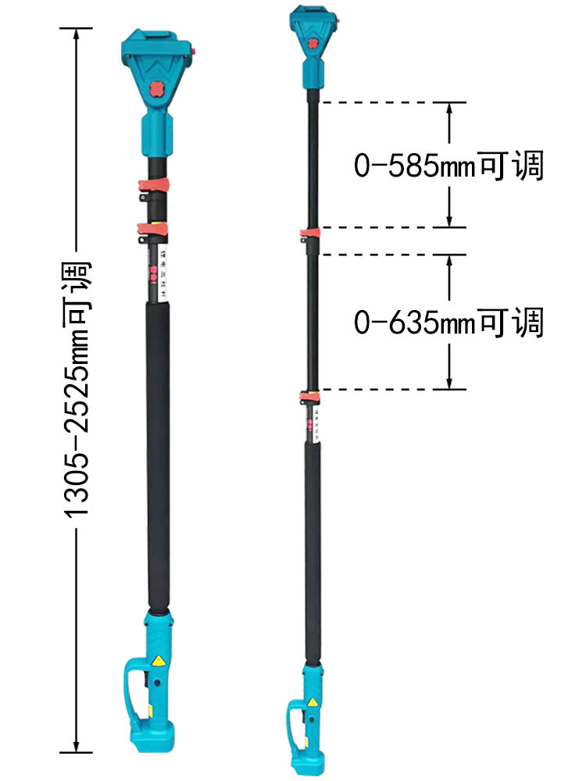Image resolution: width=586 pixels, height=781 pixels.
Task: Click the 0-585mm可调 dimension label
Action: pyautogui.click(x=448, y=166)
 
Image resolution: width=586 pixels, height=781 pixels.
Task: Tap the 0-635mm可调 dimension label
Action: pyautogui.click(x=448, y=322)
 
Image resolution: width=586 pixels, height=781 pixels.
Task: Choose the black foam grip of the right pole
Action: pyautogui.click(x=313, y=547)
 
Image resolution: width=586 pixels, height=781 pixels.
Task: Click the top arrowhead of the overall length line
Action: pyautogui.click(x=76, y=34)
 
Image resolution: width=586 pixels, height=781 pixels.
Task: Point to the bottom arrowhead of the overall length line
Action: pyautogui.click(x=76, y=746)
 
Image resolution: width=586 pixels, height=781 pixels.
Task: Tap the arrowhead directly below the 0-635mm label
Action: pyautogui.click(x=449, y=383)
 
